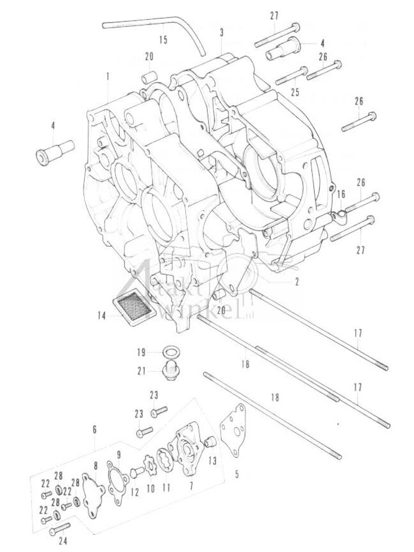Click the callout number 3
point(221,32)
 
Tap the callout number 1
point(108,76)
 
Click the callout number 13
point(212,460)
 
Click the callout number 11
point(167,487)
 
